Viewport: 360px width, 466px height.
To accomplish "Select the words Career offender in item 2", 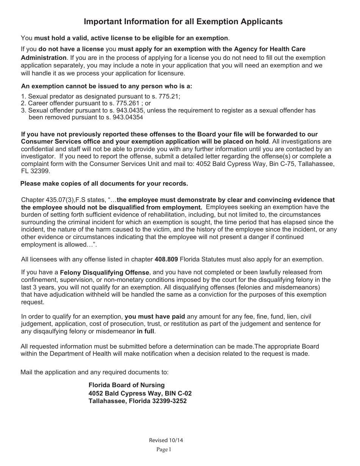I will pos(49,103).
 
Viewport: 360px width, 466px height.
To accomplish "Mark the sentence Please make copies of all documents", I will pos(104,184).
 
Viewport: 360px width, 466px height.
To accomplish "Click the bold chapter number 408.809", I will pos(166,260).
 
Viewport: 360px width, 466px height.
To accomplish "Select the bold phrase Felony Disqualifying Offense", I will pos(105,272).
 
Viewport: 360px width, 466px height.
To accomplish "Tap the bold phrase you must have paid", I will pos(155,316).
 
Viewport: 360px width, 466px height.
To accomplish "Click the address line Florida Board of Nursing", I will pos(127,385).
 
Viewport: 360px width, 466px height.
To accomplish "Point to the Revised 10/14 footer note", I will pos(163,440).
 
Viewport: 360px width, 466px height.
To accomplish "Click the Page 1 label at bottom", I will pos(164,450).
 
